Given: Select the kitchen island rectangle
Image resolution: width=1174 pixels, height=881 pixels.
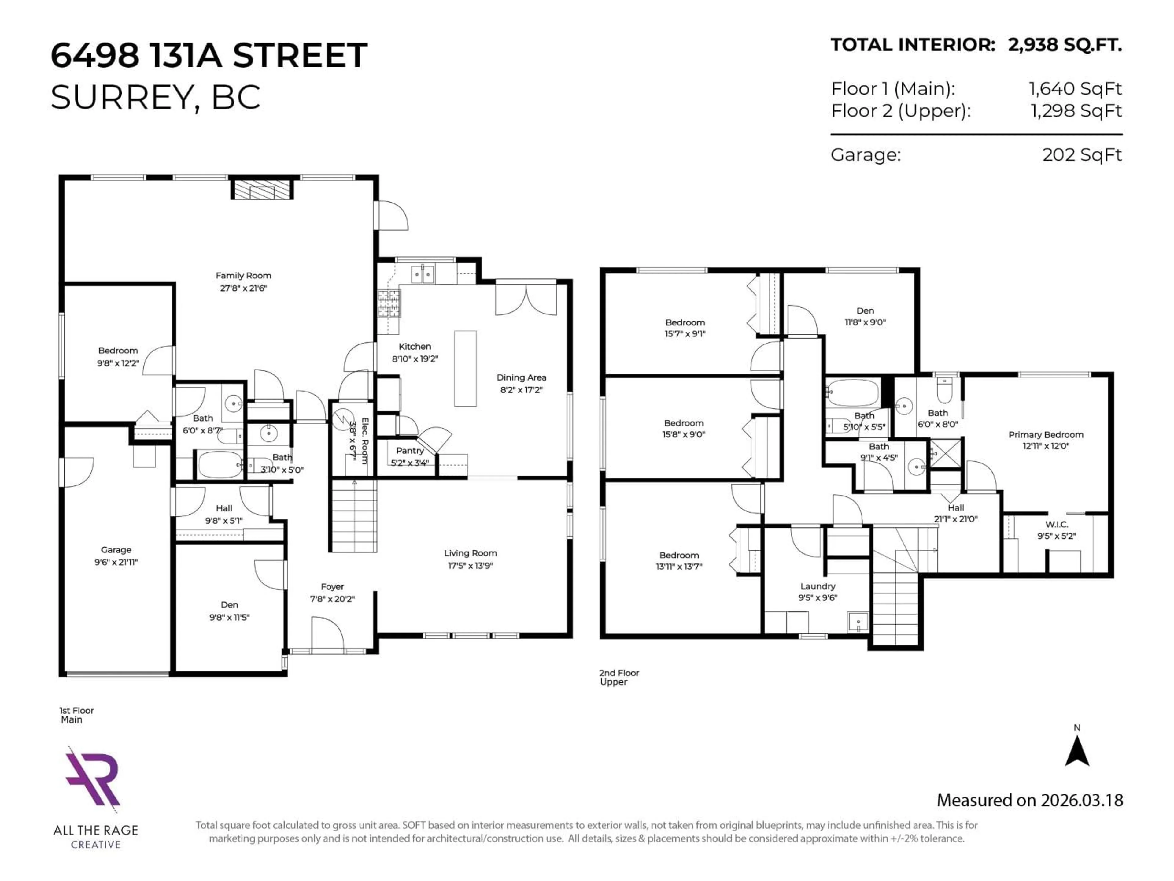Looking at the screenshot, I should [465, 369].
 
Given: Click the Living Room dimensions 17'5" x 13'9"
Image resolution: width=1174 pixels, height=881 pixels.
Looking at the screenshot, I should [470, 566].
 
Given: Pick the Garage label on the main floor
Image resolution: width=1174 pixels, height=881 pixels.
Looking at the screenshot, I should [116, 550].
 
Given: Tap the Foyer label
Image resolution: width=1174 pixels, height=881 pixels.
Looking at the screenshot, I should [332, 586].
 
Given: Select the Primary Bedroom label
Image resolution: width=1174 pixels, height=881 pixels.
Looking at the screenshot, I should [1046, 434].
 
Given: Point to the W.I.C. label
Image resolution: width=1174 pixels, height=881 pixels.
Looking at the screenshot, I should [1056, 524].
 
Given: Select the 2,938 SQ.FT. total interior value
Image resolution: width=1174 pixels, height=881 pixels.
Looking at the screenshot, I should [1065, 45].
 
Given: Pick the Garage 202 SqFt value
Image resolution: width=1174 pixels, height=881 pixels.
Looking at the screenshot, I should [1082, 155].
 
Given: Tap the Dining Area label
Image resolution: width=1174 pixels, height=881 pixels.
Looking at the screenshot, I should [521, 377].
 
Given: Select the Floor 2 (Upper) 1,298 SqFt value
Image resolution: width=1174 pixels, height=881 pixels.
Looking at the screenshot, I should [1076, 111].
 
